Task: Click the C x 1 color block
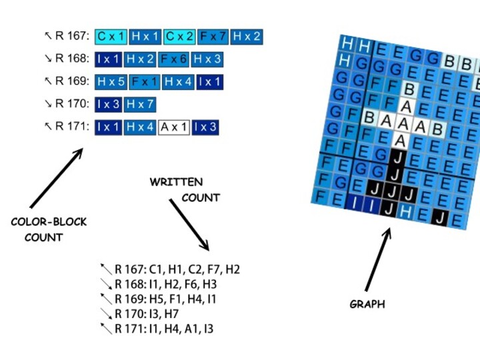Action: [111, 36]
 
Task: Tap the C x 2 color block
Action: [179, 36]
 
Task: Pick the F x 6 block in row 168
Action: [175, 59]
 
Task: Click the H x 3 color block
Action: [207, 59]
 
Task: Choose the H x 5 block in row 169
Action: [111, 82]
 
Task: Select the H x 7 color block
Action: [140, 105]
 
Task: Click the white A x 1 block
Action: [174, 127]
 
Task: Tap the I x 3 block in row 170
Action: [108, 105]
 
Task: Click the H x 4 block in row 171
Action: [140, 127]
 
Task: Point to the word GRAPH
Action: [367, 305]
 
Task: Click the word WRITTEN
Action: [176, 182]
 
